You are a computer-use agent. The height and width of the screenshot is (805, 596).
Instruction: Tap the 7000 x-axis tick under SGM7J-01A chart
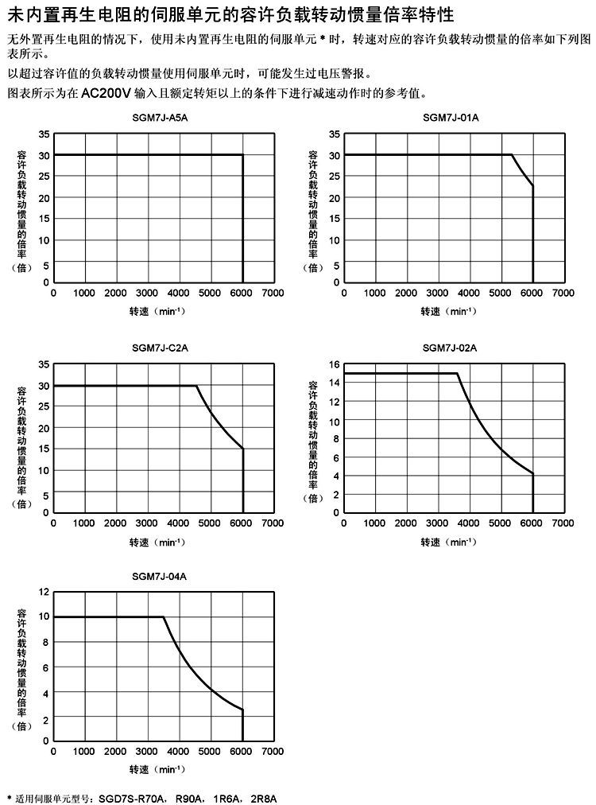[x=563, y=294]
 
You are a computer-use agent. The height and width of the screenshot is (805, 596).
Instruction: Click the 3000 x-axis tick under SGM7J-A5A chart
[x=147, y=294]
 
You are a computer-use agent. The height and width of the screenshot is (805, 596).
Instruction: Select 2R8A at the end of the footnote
[x=263, y=797]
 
